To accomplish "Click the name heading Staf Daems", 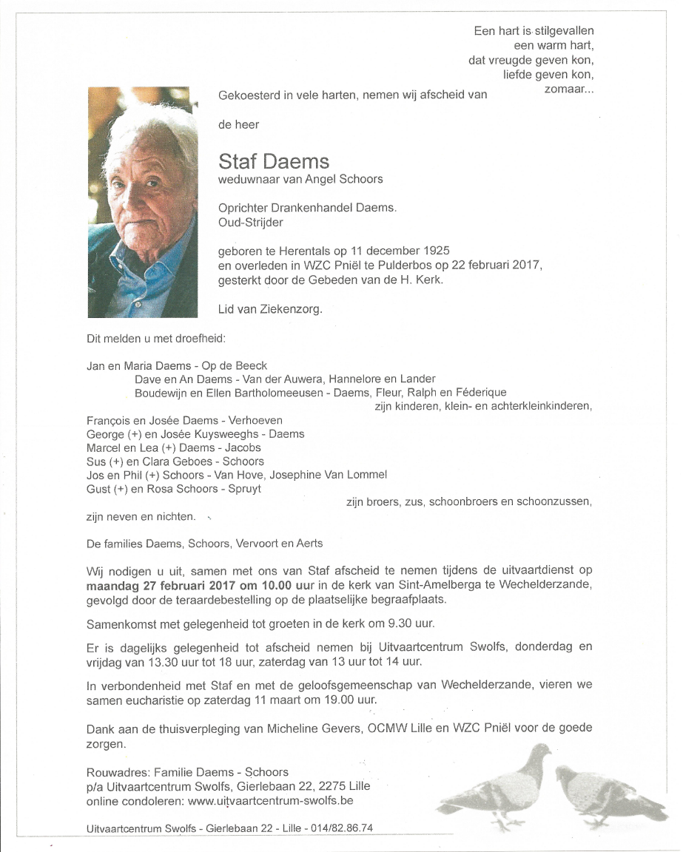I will pyautogui.click(x=274, y=161).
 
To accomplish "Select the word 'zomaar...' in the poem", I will pyautogui.click(x=569, y=89).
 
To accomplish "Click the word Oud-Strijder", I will pyautogui.click(x=250, y=222).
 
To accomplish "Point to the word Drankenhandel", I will pyautogui.click(x=319, y=209).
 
